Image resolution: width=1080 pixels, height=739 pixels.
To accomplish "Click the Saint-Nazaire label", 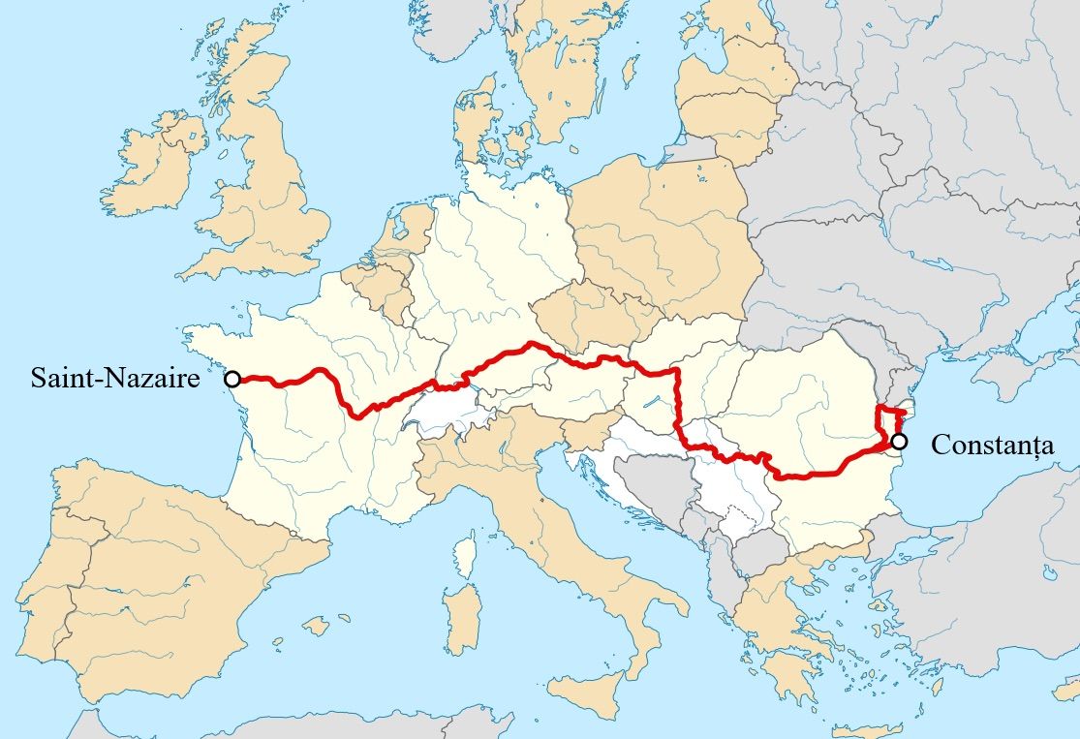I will [115, 378].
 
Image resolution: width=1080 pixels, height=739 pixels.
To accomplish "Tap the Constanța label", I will [992, 446].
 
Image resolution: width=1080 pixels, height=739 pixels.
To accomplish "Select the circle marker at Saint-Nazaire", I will [232, 379].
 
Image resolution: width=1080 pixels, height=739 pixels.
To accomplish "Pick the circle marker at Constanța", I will [900, 442].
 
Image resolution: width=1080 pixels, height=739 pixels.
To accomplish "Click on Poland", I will [659, 232].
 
